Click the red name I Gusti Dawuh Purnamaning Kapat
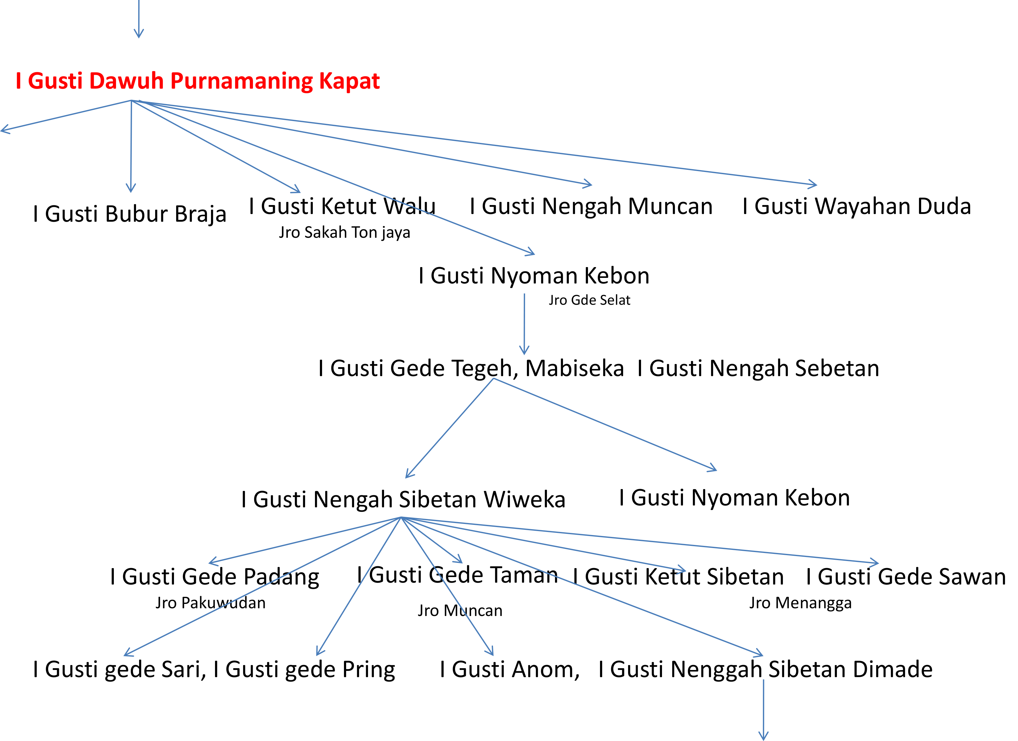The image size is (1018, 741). click(197, 81)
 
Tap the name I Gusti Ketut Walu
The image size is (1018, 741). click(342, 206)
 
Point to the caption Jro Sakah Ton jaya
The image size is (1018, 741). click(344, 232)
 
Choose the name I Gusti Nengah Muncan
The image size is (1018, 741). click(591, 206)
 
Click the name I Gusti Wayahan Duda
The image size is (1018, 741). click(856, 206)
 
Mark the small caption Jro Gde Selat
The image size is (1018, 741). click(589, 300)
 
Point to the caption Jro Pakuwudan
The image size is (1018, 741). click(210, 603)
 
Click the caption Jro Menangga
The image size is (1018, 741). click(800, 603)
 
